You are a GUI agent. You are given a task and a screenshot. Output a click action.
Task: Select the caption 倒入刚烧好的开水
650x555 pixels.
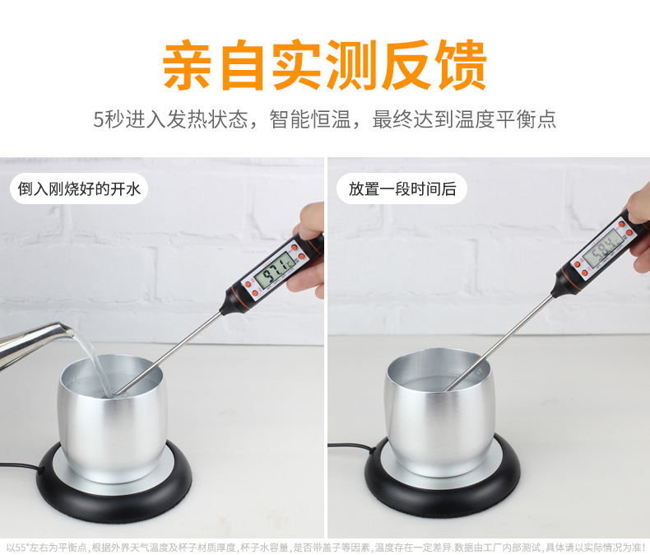(80, 189)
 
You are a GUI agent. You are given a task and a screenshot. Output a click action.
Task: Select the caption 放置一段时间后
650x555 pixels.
(402, 189)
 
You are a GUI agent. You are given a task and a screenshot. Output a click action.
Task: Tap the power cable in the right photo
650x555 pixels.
(350, 449)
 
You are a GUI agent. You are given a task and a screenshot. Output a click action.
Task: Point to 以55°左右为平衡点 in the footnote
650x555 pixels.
(45, 547)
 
